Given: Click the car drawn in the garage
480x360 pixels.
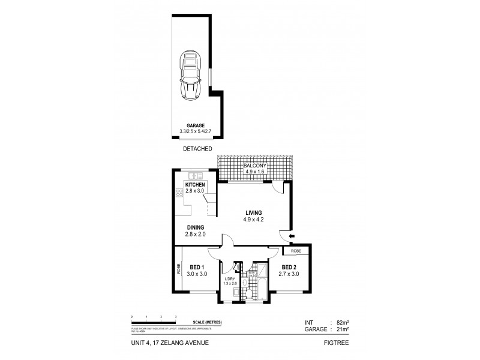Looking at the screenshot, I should (191, 75).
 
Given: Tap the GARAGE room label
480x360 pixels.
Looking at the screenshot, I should (191, 126).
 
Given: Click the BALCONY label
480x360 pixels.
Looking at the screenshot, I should (256, 165).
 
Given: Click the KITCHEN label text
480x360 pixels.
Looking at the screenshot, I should (196, 185).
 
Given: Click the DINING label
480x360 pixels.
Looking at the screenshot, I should (196, 227).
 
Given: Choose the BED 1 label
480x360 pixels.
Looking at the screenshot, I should (198, 267).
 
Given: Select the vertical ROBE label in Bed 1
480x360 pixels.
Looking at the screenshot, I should (179, 269).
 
